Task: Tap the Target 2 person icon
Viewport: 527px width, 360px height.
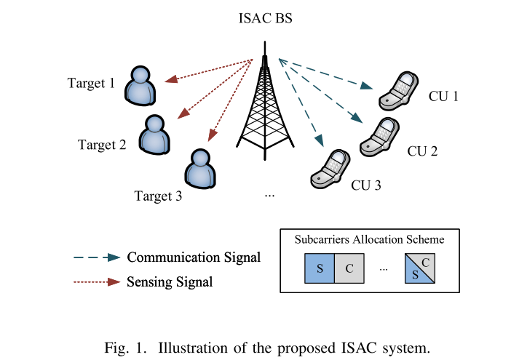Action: [154, 134]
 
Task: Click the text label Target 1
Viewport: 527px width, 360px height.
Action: [91, 83]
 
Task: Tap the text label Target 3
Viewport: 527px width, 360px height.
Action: [157, 196]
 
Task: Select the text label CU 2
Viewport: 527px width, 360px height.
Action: [422, 151]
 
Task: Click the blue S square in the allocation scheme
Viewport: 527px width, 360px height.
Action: [319, 267]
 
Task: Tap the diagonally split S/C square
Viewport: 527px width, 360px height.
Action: [420, 267]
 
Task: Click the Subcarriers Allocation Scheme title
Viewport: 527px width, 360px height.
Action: [370, 239]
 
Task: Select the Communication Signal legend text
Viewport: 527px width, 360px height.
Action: [194, 257]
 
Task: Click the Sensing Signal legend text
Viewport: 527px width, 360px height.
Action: [170, 281]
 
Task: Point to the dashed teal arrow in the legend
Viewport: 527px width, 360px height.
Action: [96, 257]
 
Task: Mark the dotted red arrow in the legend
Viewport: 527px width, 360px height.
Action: [96, 281]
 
